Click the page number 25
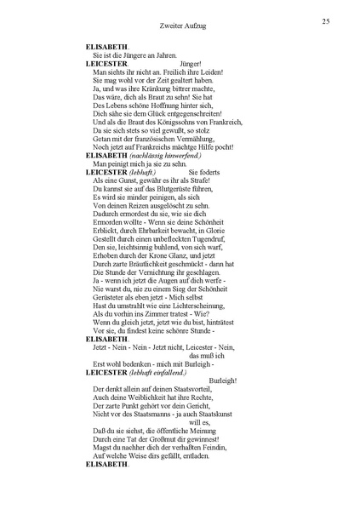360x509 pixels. click(x=326, y=20)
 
